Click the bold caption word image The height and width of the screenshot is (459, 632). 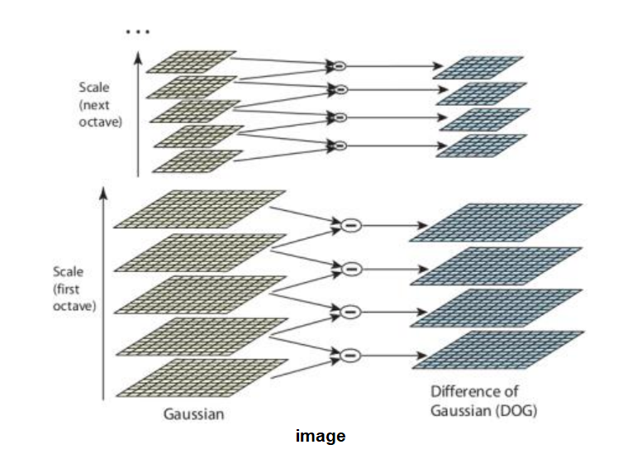[x=321, y=436]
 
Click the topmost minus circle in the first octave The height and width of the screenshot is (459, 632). [x=350, y=225]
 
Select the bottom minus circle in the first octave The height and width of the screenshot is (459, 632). [x=350, y=354]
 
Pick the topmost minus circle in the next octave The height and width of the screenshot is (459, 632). [x=337, y=65]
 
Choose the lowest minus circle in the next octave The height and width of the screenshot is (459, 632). [x=338, y=146]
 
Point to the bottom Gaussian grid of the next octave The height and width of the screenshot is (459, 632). [x=197, y=160]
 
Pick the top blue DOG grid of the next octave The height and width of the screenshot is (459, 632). [x=479, y=67]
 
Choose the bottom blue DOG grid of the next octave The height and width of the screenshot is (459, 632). [x=480, y=145]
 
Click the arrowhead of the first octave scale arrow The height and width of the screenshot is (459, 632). [x=104, y=193]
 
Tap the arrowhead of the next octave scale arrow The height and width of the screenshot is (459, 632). [x=138, y=56]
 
